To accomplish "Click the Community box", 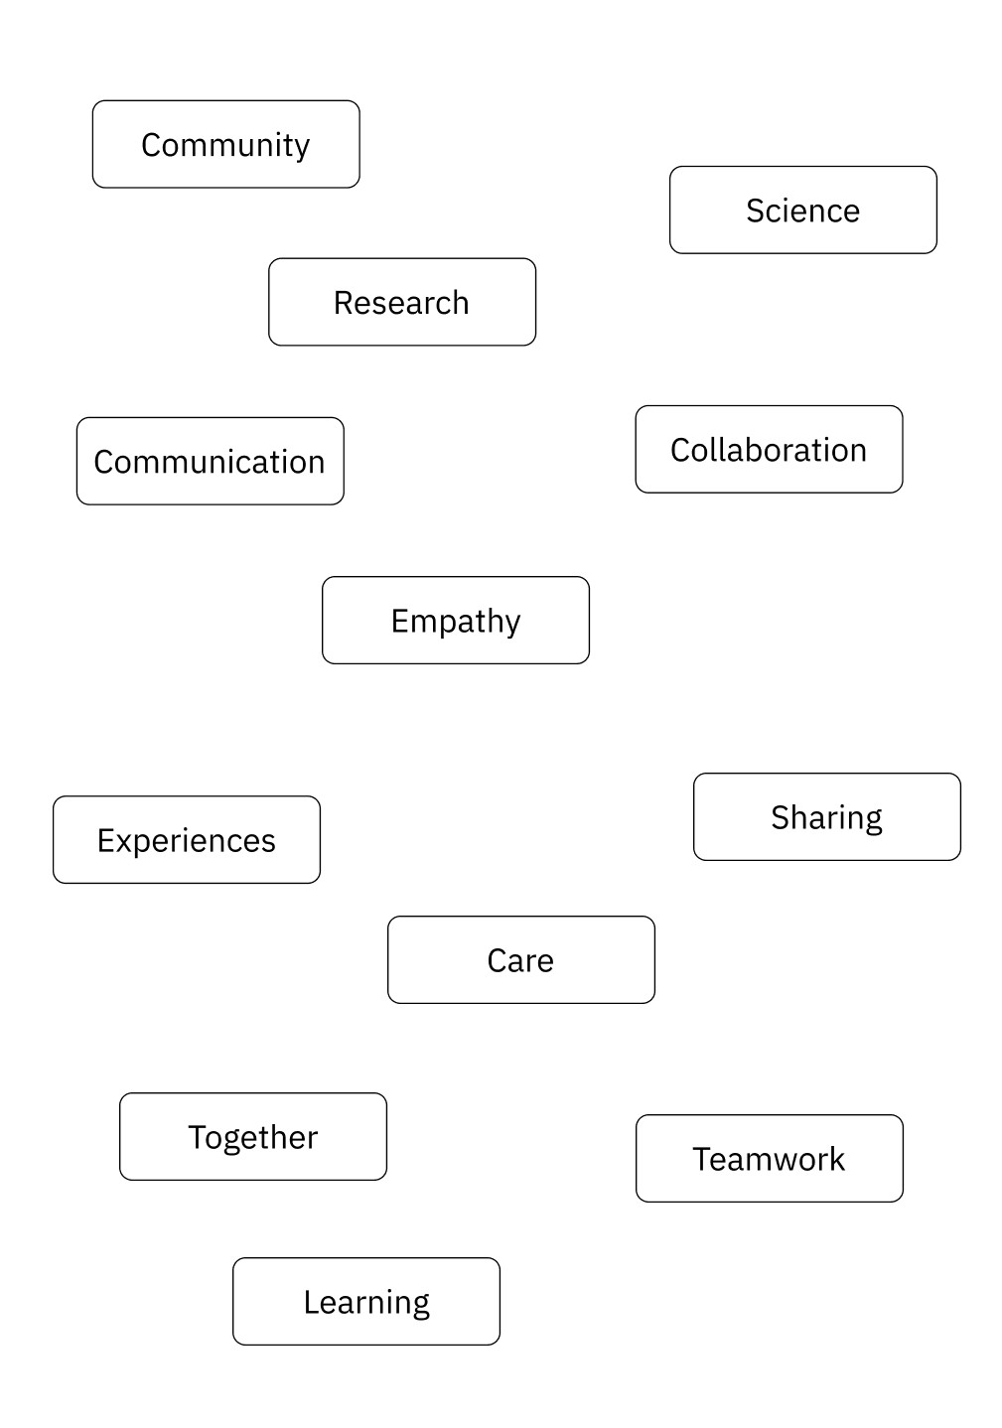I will [225, 144].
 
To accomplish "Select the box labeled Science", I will [802, 210].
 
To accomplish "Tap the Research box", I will [401, 302].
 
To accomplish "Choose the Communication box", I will [210, 461].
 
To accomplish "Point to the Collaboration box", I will [769, 449].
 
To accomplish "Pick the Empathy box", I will [455, 620].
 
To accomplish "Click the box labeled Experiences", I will [186, 839].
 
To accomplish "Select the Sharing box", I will [826, 816].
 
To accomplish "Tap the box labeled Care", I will [520, 959].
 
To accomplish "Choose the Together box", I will [252, 1136].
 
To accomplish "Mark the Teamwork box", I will [769, 1158].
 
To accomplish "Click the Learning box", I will [365, 1301].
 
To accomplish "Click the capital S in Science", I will [756, 211].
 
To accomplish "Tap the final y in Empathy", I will [512, 624].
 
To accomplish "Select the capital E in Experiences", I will [105, 840].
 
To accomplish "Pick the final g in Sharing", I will [873, 821].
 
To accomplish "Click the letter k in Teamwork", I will [837, 1158].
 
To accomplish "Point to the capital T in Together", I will [197, 1136].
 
